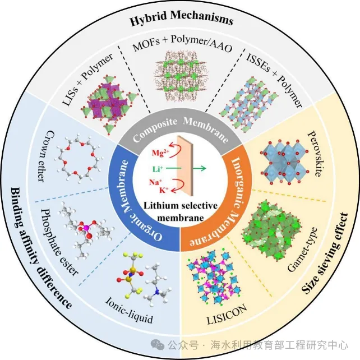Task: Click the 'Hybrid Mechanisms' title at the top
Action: pyautogui.click(x=181, y=21)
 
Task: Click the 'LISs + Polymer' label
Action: pyautogui.click(x=87, y=79)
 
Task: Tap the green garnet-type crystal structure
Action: pyautogui.click(x=266, y=227)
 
